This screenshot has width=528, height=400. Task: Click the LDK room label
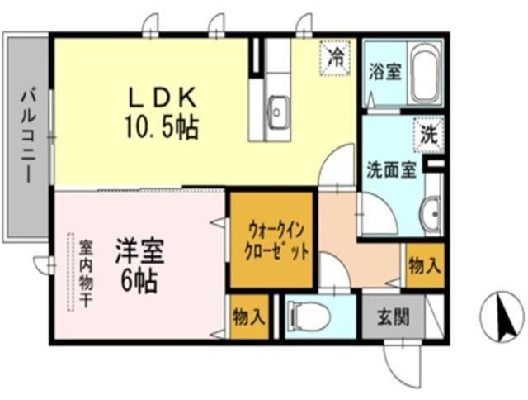[x=162, y=98]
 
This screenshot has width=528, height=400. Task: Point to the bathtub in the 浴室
[x=426, y=75]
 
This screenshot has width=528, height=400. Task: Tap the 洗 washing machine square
[x=427, y=134]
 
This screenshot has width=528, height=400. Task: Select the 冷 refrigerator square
[x=336, y=57]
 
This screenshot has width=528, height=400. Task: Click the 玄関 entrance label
[x=391, y=315]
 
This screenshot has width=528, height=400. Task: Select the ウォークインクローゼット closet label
[x=271, y=240]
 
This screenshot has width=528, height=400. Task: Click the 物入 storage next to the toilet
[x=249, y=317]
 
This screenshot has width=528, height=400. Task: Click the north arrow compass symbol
[x=502, y=317]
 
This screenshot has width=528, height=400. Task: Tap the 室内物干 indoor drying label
[x=86, y=273]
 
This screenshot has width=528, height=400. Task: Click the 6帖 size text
[x=139, y=279]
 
